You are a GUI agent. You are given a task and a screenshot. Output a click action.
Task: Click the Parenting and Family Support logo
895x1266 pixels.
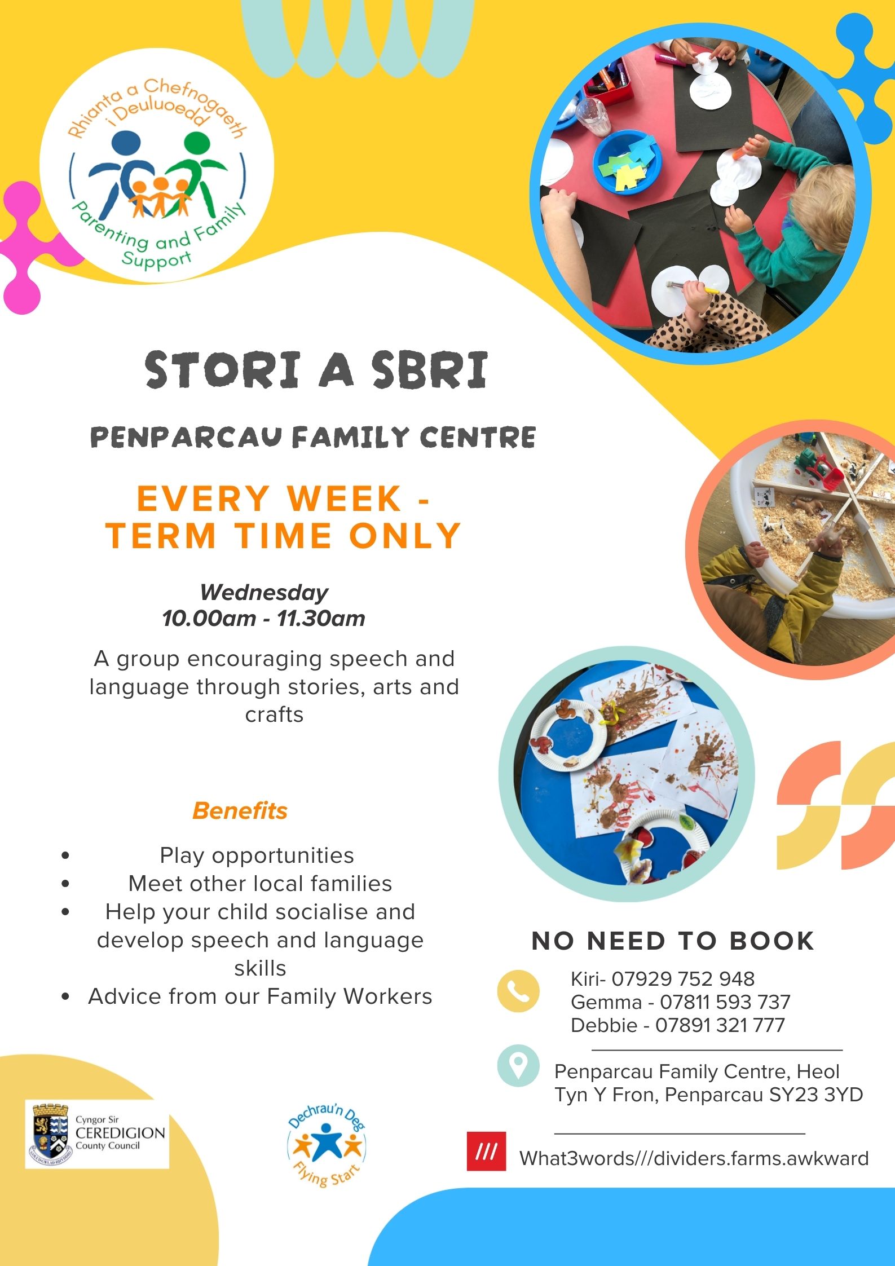(x=157, y=166)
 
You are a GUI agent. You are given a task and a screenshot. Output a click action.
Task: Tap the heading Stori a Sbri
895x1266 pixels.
(x=316, y=370)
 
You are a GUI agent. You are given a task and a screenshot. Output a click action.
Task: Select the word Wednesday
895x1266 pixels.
(x=264, y=593)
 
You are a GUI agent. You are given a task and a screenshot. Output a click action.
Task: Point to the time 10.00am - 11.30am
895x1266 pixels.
(x=263, y=619)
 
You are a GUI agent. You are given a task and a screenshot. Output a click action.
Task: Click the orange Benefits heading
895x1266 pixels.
(x=240, y=810)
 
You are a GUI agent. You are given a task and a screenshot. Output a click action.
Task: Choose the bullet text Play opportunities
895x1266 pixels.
(x=257, y=855)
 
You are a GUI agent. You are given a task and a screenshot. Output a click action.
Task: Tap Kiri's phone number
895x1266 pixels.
(x=683, y=979)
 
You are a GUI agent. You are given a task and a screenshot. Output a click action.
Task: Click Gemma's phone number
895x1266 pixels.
(x=725, y=1002)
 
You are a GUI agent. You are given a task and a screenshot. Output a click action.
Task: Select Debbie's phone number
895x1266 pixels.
(x=720, y=1025)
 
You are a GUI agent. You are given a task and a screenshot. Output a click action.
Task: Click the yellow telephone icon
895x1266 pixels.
(x=518, y=991)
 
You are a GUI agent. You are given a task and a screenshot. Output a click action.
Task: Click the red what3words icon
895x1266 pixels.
(x=486, y=1152)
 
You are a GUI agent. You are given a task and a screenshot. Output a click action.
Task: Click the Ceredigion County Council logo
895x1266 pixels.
(x=97, y=1133)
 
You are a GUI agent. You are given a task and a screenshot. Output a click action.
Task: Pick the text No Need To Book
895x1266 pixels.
(x=673, y=941)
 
